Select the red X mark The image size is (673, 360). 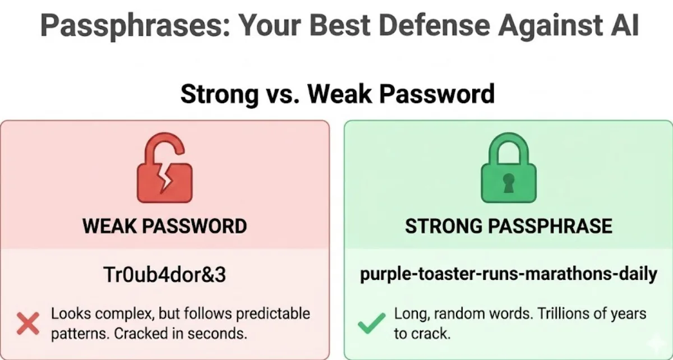coord(28,324)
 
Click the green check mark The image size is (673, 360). coord(371,323)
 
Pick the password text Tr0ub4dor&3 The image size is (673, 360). coord(165,275)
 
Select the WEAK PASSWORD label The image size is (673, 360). coord(165,226)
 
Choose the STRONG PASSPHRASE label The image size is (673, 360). coord(508,226)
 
